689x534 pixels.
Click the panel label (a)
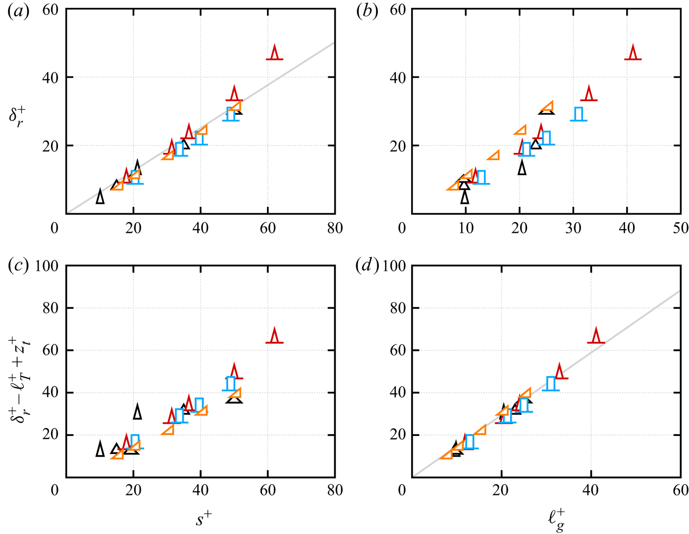click(19, 11)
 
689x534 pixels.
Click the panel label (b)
click(367, 11)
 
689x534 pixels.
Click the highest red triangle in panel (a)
click(275, 52)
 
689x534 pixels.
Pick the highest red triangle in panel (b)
click(633, 52)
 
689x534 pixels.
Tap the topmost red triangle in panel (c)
click(275, 336)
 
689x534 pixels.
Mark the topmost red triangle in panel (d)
click(596, 336)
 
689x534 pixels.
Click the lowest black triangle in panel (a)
click(100, 196)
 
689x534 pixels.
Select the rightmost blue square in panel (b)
click(579, 114)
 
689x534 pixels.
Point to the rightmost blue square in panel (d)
click(551, 384)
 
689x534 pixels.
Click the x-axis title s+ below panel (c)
click(204, 519)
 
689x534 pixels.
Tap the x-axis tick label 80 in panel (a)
click(335, 229)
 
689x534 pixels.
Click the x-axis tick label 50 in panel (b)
click(681, 229)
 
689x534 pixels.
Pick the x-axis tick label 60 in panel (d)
click(681, 490)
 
